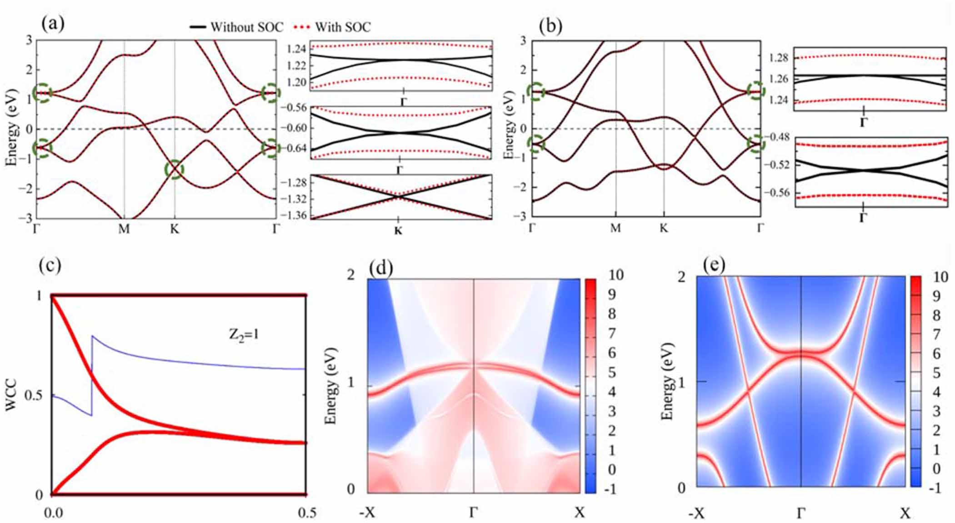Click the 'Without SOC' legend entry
point(236,27)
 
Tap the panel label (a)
point(53,24)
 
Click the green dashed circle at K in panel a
point(175,169)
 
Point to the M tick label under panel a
point(124,229)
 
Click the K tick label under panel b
point(663,228)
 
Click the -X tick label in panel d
point(367,513)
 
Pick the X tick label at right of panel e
point(905,514)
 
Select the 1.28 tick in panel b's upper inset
point(779,58)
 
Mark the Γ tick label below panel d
point(473,513)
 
